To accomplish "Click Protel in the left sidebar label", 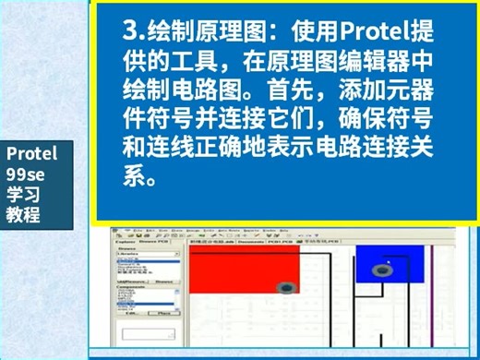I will tap(31, 153).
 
